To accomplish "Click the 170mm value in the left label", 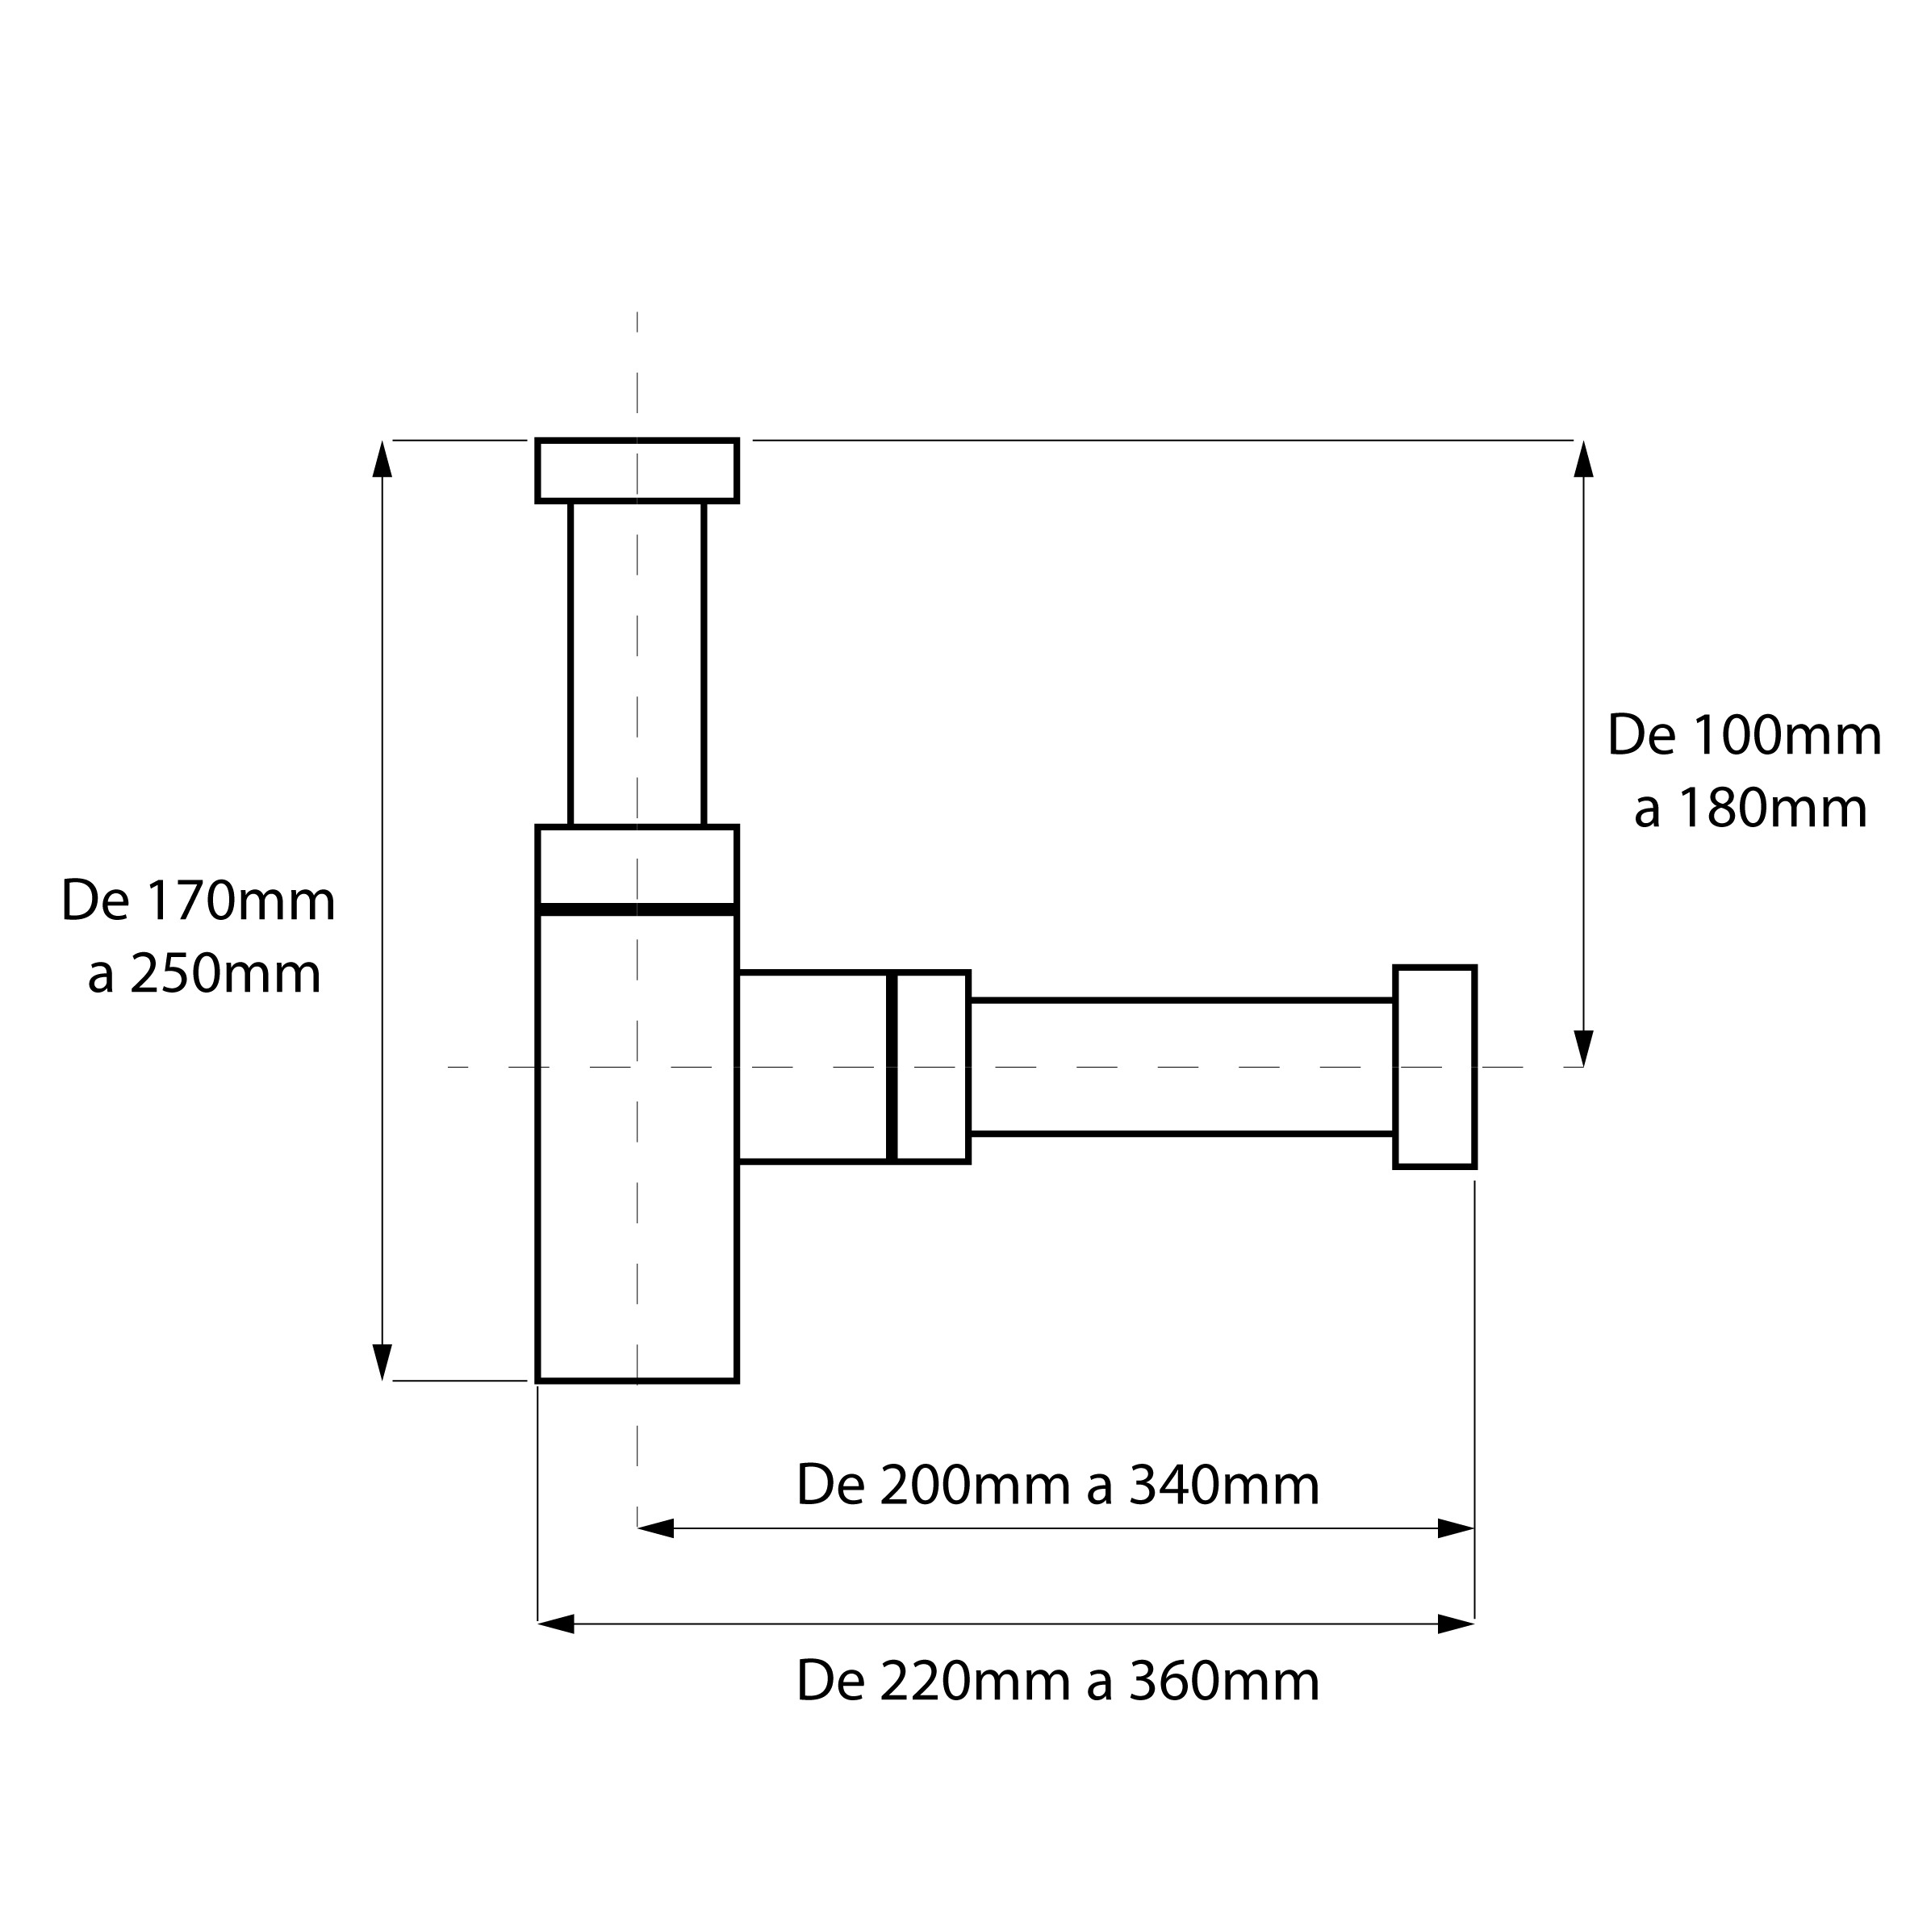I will point(240,901).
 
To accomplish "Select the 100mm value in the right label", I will point(1787,736).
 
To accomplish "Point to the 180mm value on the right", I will point(1773,809).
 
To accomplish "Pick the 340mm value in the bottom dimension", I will point(1224,1486).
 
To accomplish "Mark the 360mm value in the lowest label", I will point(1224,1682).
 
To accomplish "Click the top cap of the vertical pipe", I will point(637,470).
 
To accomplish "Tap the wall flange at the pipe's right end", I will point(1436,1068).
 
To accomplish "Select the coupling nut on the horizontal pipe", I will point(931,1068).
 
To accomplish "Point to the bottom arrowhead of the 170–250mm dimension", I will point(382,1362).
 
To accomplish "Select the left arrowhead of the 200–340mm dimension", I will point(656,1529).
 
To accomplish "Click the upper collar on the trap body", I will point(637,865).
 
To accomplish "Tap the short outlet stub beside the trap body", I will point(812,1068).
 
